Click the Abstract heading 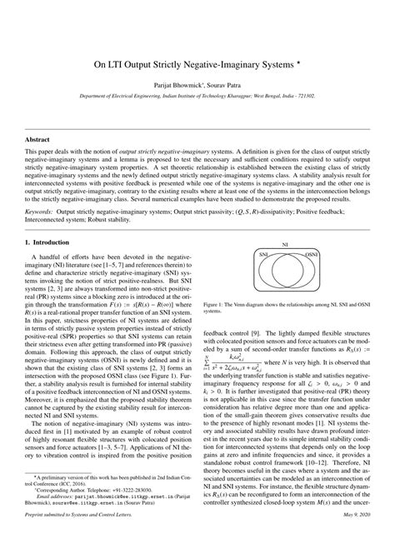38,139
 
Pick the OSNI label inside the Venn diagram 310,277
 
